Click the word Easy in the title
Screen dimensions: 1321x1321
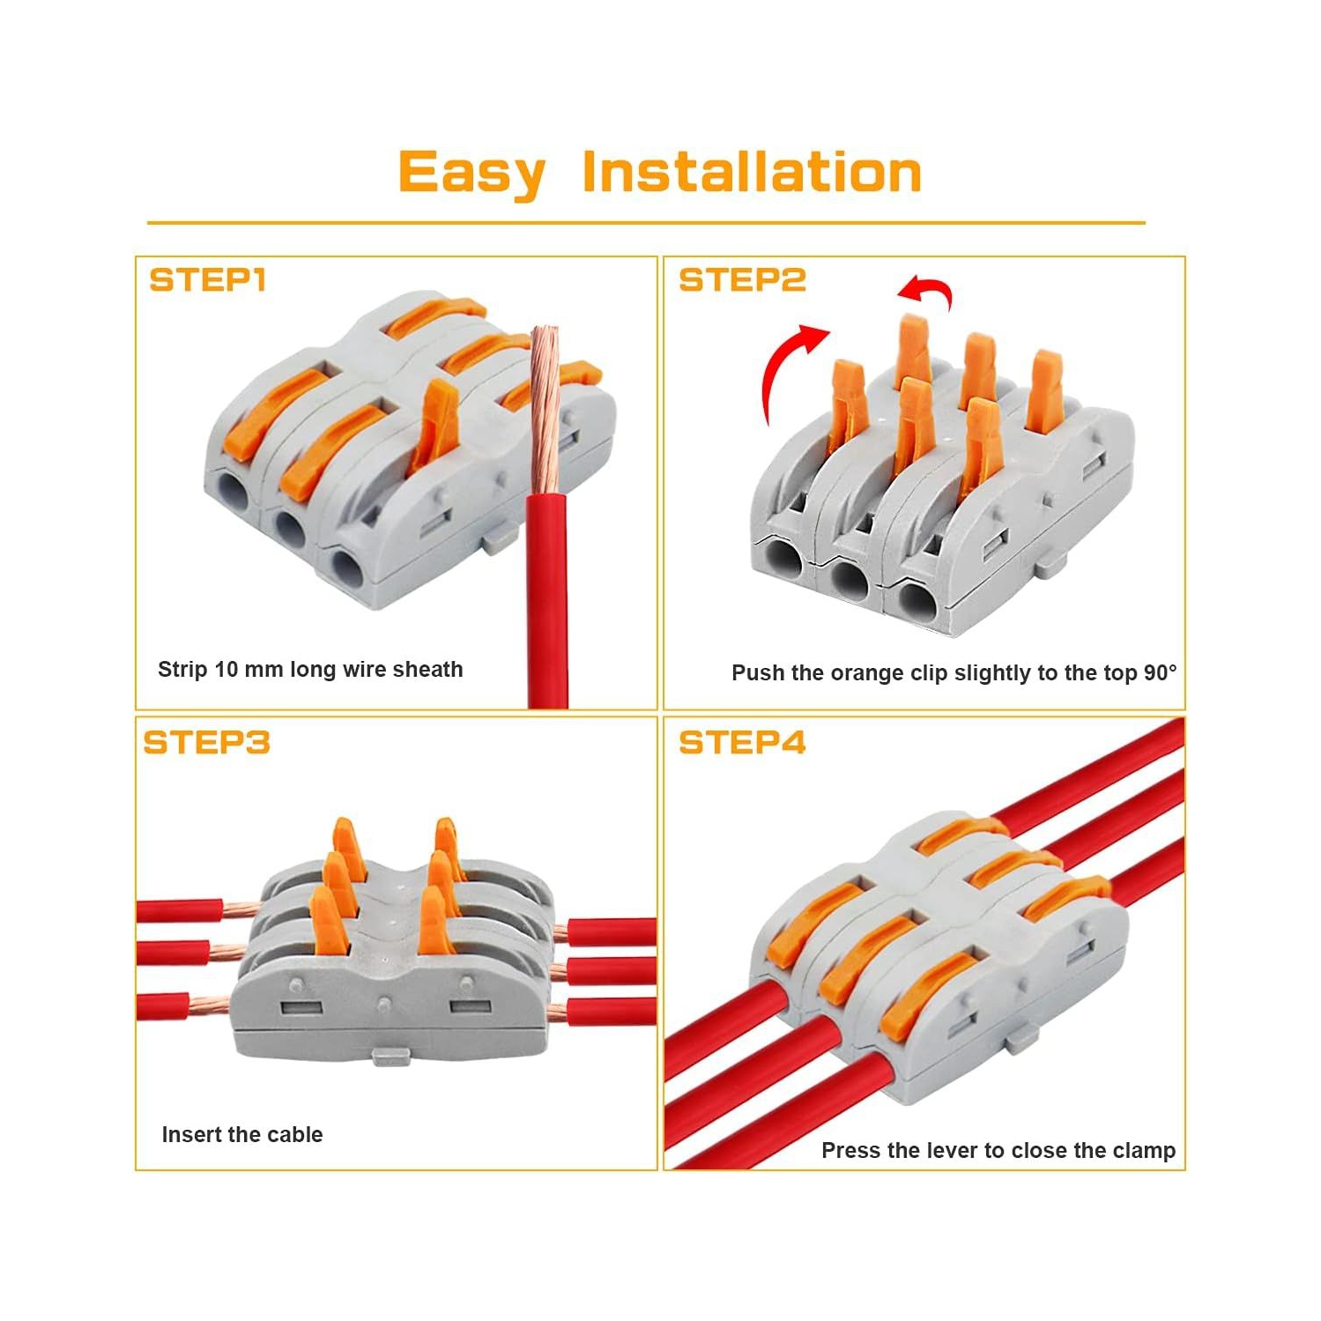pyautogui.click(x=471, y=172)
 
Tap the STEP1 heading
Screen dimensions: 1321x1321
pyautogui.click(x=208, y=280)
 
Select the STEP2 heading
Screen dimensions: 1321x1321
pyautogui.click(x=742, y=280)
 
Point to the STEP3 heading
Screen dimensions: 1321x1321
pyautogui.click(x=207, y=743)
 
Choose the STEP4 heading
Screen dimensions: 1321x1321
pyautogui.click(x=742, y=743)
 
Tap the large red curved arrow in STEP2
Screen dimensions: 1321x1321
pyautogui.click(x=784, y=370)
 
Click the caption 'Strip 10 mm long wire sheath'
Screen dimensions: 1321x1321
pyautogui.click(x=310, y=670)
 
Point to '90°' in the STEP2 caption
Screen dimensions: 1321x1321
pyautogui.click(x=1160, y=673)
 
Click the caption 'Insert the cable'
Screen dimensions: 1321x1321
pyautogui.click(x=242, y=1135)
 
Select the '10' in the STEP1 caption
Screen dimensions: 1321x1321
pyautogui.click(x=226, y=670)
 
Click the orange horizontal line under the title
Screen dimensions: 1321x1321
pyautogui.click(x=646, y=223)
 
